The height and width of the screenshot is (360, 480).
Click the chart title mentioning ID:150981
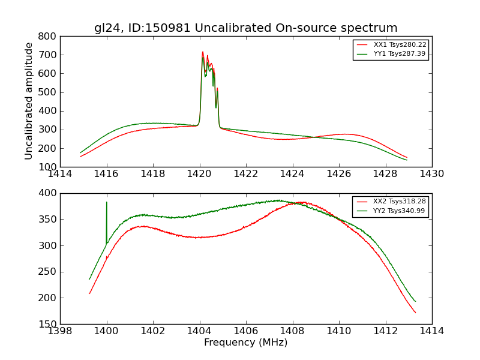coord(245,28)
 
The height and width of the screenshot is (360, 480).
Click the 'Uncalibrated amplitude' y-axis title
coord(29,101)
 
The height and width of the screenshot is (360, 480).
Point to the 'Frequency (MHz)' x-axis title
coord(245,343)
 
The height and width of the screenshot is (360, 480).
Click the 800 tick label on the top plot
coord(48,37)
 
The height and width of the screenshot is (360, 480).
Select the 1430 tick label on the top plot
coord(431,174)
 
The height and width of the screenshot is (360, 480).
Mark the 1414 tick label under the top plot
coord(60,174)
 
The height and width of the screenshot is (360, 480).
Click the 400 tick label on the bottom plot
coord(48,193)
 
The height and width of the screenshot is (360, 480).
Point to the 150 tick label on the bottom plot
coord(48,325)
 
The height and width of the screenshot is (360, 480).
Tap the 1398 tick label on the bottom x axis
coord(60,331)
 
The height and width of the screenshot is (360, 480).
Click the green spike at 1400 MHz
coord(107,204)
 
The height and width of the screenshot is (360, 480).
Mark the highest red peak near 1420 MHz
coord(203,52)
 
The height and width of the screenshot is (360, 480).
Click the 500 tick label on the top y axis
coord(48,92)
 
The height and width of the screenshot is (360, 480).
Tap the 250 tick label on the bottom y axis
coord(48,272)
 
